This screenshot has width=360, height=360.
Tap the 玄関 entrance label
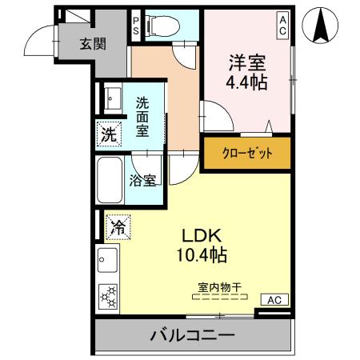click(x=92, y=45)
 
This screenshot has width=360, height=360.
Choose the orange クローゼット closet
click(x=246, y=151)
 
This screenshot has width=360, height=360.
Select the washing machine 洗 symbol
click(x=108, y=134)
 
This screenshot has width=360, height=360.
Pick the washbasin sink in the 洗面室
click(x=110, y=98)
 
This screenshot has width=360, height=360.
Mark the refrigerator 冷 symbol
click(x=116, y=227)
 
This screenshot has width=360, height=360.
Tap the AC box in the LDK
click(x=273, y=300)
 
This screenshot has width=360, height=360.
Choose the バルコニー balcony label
click(x=193, y=335)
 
